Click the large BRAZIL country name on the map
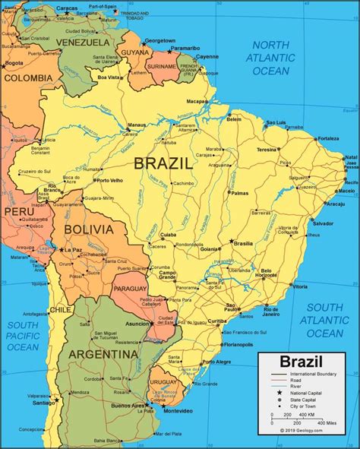(163, 163)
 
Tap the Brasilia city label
(243, 243)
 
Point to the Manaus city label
(137, 125)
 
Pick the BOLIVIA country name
(89, 229)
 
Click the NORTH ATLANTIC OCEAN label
(272, 58)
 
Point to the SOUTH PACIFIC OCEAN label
(23, 336)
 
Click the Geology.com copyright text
(304, 430)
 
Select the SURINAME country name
(162, 66)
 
